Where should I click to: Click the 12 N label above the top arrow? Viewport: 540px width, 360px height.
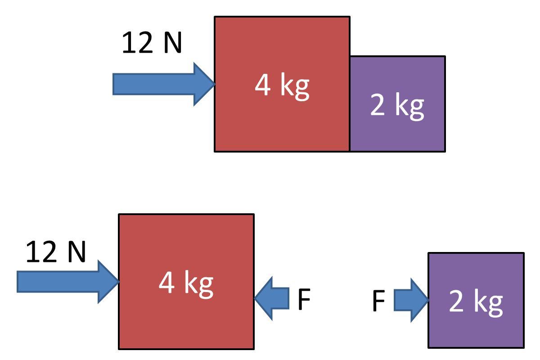pyautogui.click(x=152, y=44)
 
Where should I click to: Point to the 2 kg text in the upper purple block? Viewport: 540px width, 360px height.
pyautogui.click(x=397, y=105)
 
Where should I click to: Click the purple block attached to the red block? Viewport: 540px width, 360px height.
pyautogui.click(x=398, y=130)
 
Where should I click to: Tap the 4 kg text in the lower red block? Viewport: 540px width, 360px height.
pyautogui.click(x=186, y=283)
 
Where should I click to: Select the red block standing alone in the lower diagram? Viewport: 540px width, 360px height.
pyautogui.click(x=186, y=324)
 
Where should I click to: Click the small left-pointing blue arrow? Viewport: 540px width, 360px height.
pyautogui.click(x=272, y=298)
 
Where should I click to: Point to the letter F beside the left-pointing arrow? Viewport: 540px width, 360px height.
pyautogui.click(x=304, y=300)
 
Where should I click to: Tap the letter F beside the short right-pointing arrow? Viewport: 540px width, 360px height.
pyautogui.click(x=379, y=301)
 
